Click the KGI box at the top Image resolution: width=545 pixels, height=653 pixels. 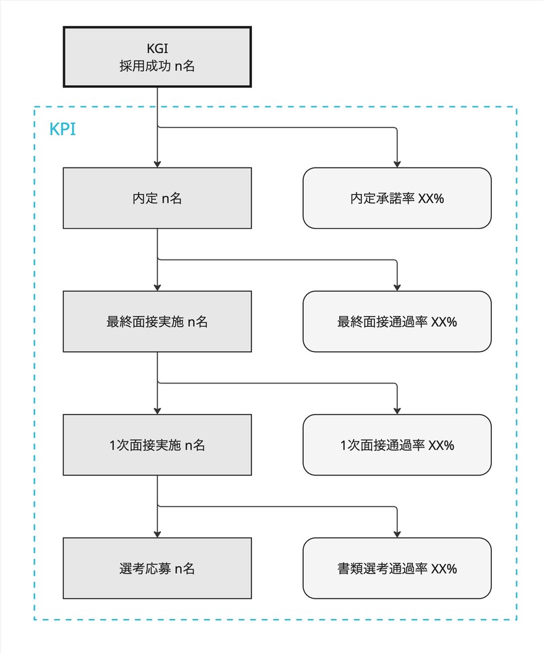click(x=157, y=57)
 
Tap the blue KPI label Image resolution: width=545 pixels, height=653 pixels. click(x=62, y=129)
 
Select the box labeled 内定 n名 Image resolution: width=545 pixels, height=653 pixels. click(x=157, y=198)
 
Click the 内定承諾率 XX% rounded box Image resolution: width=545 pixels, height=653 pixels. click(x=396, y=198)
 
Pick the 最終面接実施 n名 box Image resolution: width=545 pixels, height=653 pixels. click(x=157, y=321)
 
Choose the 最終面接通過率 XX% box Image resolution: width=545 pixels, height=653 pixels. click(x=396, y=321)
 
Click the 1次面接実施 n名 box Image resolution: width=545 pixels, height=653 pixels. click(x=157, y=445)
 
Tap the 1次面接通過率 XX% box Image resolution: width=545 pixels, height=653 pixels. click(x=396, y=445)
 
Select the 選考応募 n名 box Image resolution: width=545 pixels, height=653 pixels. click(x=157, y=569)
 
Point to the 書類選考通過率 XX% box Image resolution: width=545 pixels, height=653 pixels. click(x=396, y=569)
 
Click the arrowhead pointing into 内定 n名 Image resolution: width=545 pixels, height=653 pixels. click(x=157, y=164)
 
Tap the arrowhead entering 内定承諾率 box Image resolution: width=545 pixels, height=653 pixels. click(x=396, y=164)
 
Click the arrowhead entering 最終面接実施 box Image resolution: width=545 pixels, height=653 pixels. click(x=157, y=287)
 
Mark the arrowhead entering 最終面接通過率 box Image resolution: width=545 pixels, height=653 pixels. click(x=396, y=287)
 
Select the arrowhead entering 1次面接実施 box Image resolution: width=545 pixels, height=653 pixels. click(x=157, y=411)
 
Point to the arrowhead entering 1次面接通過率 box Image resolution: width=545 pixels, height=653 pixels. click(x=396, y=411)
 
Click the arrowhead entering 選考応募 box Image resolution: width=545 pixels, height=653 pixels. click(x=157, y=535)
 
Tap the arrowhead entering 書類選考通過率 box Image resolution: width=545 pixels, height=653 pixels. click(x=396, y=535)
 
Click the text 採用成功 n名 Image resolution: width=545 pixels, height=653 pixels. click(x=157, y=67)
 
